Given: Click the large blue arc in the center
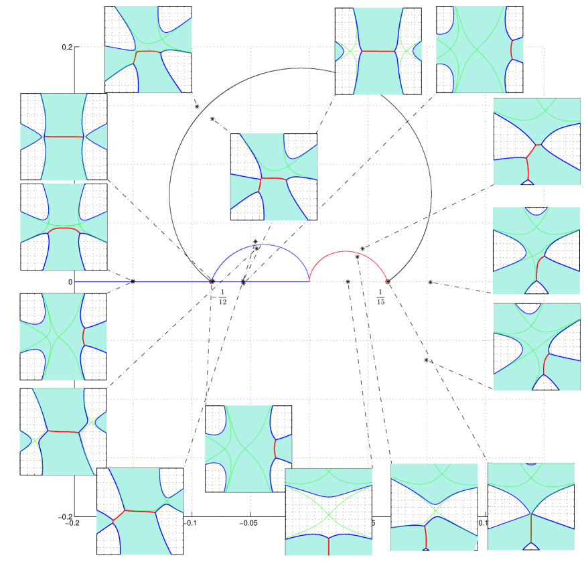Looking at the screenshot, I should coord(263,245).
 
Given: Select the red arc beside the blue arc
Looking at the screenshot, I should coord(347,252).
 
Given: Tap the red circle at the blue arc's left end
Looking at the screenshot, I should coord(212,282).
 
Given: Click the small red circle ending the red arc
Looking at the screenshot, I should coord(387,282).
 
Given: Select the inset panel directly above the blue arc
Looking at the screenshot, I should coord(274,177).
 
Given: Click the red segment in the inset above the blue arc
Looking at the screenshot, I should coord(273,179).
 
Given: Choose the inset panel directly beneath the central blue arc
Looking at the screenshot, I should coord(248,449).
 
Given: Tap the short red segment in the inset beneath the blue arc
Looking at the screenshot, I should coord(275,448).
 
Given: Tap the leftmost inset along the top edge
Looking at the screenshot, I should coord(148,50).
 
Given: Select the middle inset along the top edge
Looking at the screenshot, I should coord(378,51).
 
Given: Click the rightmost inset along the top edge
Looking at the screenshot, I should coord(480,50).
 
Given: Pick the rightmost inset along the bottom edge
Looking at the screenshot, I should coord(531,507).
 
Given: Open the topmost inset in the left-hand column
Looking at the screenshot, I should coord(64,137).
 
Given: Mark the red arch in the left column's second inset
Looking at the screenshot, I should coord(64,228).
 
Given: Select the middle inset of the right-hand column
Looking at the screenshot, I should coord(536,250).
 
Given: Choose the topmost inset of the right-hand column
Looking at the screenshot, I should coord(536,141).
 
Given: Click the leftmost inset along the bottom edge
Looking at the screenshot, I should coord(140,511).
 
